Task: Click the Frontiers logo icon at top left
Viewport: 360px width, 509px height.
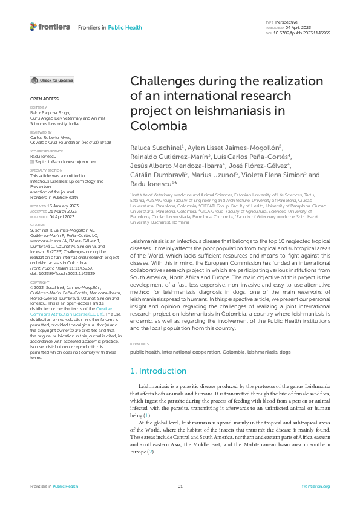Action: (33, 27)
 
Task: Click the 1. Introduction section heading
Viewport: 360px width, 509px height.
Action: (159, 370)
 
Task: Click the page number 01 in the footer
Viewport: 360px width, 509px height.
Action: (180, 486)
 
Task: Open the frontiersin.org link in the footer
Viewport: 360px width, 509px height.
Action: (315, 486)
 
